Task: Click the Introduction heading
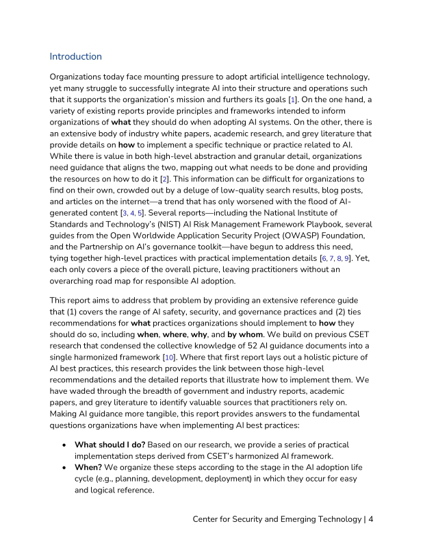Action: (75, 56)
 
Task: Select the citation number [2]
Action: (164, 177)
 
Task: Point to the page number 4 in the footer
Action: (371, 519)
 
